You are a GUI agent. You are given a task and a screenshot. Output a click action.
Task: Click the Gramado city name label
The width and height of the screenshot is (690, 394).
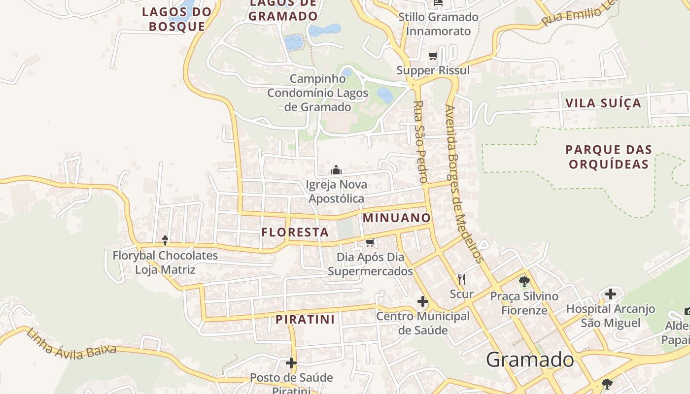(x=530, y=360)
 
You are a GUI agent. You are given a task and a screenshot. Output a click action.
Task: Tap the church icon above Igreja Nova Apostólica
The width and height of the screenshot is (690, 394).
(x=336, y=170)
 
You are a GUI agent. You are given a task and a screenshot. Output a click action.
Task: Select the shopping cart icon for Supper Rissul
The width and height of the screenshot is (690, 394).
(x=433, y=56)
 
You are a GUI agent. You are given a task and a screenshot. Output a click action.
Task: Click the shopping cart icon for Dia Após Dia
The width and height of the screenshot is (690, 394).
(x=370, y=242)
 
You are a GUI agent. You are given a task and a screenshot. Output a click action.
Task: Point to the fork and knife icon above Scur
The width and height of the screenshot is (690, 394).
(x=462, y=279)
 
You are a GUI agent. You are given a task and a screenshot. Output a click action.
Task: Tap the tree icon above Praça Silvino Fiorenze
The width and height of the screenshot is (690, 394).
(x=524, y=282)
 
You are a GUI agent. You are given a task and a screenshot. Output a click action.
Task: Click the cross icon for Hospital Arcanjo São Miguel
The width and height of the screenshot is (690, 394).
(x=611, y=295)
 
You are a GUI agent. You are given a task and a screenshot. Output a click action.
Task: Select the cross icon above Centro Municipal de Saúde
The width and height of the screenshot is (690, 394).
(x=422, y=301)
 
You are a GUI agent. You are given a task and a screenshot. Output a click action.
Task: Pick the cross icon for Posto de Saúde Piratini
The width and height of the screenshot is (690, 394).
(x=291, y=363)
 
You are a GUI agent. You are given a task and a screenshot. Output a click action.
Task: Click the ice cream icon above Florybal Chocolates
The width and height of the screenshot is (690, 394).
(x=165, y=240)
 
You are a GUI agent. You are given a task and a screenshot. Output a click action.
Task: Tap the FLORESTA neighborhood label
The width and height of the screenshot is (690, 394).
(x=295, y=232)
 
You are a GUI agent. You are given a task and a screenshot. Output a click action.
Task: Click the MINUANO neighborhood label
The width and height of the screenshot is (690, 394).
(x=397, y=218)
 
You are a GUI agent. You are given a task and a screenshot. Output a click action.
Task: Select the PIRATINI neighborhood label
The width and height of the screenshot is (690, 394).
(x=305, y=319)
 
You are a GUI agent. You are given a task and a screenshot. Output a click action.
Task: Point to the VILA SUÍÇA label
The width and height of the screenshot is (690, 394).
(x=603, y=103)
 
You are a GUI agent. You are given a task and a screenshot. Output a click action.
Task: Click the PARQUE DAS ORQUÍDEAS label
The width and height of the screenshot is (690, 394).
(x=609, y=157)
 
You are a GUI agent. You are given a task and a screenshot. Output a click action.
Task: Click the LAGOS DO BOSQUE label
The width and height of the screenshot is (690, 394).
(x=177, y=19)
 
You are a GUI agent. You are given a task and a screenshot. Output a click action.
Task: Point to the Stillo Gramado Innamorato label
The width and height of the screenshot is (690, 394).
(x=438, y=24)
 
